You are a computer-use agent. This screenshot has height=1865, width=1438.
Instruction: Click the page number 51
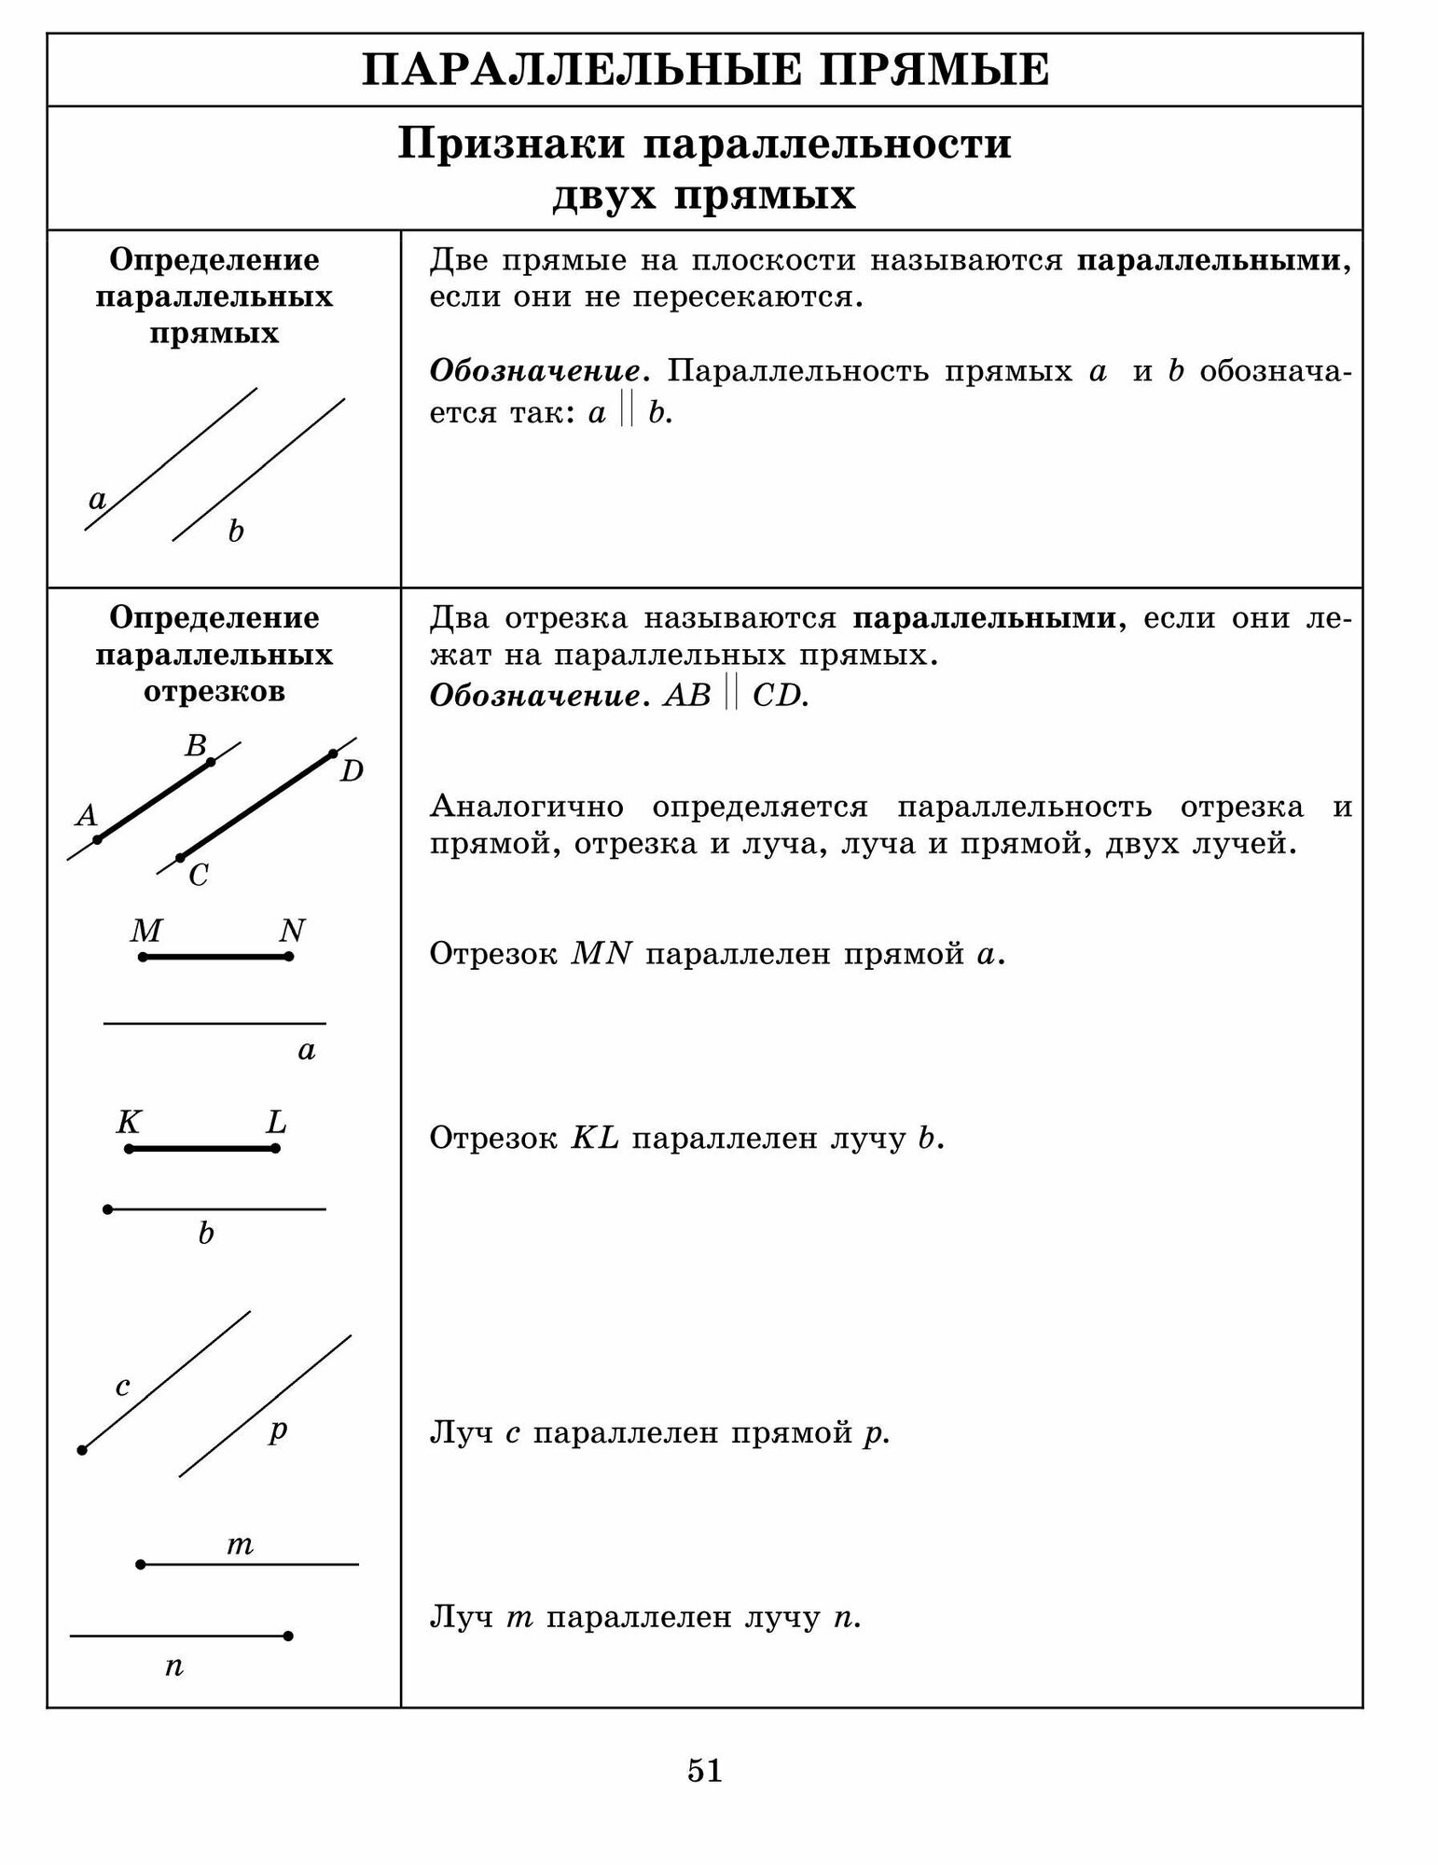tap(704, 1770)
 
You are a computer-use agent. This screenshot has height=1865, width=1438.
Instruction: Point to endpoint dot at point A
tap(97, 839)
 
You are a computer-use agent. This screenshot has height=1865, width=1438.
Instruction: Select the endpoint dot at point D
tap(333, 753)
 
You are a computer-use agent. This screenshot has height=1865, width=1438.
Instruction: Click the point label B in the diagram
tap(195, 746)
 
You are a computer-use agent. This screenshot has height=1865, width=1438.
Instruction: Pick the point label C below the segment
tap(198, 876)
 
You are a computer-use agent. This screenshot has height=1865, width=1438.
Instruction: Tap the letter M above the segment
tap(146, 931)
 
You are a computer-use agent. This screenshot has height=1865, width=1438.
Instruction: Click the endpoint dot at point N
tap(289, 957)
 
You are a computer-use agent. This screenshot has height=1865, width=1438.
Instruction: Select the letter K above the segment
tap(128, 1122)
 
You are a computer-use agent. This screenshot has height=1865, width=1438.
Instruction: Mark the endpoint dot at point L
tap(275, 1148)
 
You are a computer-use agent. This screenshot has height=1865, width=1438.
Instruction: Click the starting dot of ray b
tap(108, 1209)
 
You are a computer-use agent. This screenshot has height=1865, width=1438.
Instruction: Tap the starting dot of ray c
tap(82, 1450)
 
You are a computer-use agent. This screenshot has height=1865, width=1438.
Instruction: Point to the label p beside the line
tap(277, 1430)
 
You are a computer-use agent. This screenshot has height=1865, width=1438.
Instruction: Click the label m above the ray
tap(240, 1546)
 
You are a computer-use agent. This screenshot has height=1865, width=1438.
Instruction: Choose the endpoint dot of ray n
tap(288, 1636)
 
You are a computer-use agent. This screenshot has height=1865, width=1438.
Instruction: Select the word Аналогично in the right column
tap(526, 807)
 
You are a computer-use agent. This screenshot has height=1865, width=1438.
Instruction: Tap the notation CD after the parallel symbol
tap(780, 697)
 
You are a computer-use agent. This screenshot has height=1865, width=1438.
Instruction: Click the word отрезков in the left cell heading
tap(214, 693)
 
